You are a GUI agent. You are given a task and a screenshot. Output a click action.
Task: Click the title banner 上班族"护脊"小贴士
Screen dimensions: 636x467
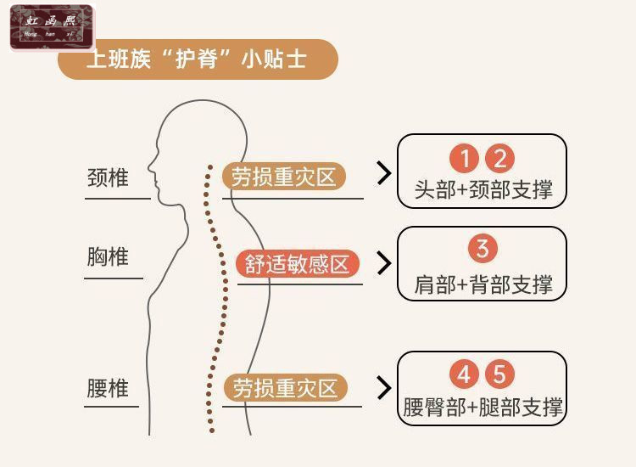point(197,60)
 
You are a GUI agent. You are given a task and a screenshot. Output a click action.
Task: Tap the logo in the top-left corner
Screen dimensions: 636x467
point(51,27)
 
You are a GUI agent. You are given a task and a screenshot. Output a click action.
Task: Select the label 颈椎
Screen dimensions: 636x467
point(108,178)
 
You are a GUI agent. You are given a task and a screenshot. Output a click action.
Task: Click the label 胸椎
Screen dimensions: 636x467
point(108,256)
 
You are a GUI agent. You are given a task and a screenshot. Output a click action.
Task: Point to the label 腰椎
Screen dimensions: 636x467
point(108,388)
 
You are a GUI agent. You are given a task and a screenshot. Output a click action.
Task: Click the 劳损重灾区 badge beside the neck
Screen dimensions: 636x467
point(284,177)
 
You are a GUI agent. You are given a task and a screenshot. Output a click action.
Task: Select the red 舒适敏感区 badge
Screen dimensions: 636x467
point(297,264)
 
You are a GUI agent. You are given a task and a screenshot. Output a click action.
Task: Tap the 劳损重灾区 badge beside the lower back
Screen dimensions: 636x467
point(284,388)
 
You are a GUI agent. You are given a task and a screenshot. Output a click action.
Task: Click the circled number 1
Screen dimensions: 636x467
point(464,159)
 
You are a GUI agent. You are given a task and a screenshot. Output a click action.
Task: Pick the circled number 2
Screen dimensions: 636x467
point(499,159)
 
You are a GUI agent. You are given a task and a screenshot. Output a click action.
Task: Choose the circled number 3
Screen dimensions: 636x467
point(482,249)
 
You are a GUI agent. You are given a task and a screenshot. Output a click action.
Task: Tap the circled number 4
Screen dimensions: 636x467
point(464,374)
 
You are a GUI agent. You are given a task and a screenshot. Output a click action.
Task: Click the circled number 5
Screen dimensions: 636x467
point(500,374)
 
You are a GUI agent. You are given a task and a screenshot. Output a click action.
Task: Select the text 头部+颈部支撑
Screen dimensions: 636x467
point(483,189)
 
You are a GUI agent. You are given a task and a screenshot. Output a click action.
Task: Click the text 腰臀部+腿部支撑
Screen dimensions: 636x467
point(483,407)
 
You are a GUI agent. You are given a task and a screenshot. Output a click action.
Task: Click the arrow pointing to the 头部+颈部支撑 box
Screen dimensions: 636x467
point(384,174)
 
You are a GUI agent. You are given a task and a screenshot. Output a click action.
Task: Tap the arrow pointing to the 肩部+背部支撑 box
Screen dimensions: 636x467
point(384,263)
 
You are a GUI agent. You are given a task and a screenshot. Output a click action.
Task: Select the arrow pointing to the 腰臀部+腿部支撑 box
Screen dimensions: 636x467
point(384,388)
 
